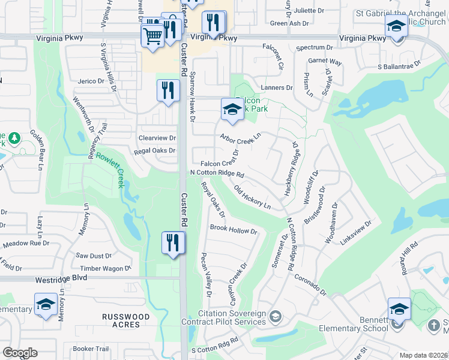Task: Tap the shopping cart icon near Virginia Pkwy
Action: point(152,36)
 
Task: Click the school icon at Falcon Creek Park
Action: point(232,109)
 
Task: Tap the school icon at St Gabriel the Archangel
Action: point(396,27)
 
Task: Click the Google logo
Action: point(20,352)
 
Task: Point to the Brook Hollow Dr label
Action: point(234,229)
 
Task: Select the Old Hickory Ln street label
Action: point(252,198)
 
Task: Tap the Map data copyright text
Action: point(424,355)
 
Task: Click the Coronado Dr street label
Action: point(310,286)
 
